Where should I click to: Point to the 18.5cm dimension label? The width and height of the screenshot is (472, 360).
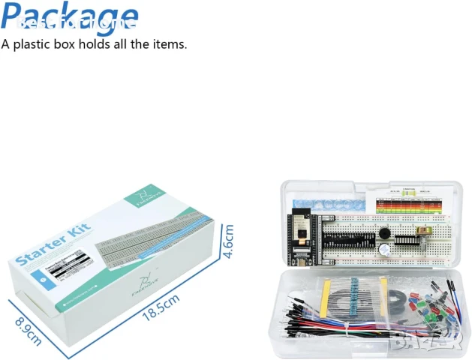[x=161, y=308]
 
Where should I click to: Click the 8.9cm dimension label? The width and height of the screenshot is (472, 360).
[x=29, y=328]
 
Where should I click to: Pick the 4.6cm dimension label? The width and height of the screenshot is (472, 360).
[x=229, y=241]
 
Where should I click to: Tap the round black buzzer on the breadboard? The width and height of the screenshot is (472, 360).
[x=386, y=234]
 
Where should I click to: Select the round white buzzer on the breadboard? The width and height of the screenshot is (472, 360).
[x=383, y=251]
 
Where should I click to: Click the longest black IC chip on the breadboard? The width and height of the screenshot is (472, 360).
[x=347, y=244]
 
